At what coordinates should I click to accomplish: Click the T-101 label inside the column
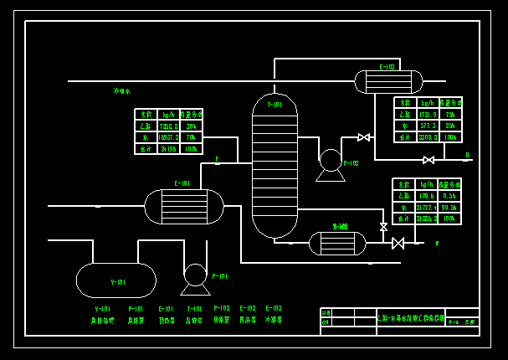coord(275,105)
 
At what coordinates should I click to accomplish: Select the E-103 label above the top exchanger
coord(387,67)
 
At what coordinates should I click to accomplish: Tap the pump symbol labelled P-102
coord(331,160)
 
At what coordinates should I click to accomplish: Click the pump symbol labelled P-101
coord(195,275)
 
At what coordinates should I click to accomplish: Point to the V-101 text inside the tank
coord(117,282)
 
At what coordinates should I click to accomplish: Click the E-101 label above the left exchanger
coord(182,183)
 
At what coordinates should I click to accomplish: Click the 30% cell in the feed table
coord(191,126)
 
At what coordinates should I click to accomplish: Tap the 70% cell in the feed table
coord(191,136)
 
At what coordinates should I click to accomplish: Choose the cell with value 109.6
coord(426,195)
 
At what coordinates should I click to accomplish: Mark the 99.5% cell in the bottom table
coord(449,207)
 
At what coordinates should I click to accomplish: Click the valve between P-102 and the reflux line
coord(363,137)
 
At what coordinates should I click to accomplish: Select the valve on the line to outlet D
coord(428,160)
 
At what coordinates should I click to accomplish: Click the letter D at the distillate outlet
coord(467,155)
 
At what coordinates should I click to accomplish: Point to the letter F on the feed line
coord(217,159)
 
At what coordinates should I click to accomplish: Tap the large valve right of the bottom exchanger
coord(398,244)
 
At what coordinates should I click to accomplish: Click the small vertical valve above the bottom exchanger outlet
coord(383,227)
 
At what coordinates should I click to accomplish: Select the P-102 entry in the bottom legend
coord(222,309)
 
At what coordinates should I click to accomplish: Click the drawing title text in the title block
coord(411,318)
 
